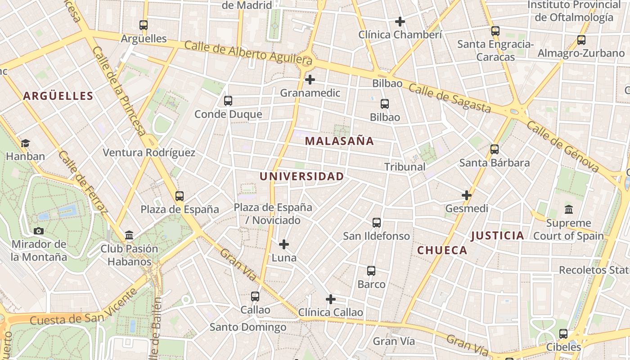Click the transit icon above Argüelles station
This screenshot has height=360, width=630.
click(x=144, y=25)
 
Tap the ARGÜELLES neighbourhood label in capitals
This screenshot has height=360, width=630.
click(x=58, y=96)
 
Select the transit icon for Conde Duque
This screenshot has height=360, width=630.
click(x=228, y=101)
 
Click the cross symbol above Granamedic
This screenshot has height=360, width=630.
click(x=310, y=80)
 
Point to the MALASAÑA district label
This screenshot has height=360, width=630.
click(x=339, y=141)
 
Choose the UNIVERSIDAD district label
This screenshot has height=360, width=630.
click(x=301, y=176)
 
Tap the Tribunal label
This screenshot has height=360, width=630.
click(x=405, y=166)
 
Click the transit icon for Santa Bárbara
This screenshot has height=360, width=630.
click(x=495, y=149)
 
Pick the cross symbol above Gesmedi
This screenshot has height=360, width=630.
click(x=467, y=195)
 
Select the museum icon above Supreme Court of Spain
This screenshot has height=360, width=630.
click(x=568, y=210)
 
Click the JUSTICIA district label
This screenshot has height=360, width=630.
click(x=497, y=235)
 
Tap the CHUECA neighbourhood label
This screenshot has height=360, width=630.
click(x=442, y=251)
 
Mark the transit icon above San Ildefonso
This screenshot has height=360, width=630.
click(x=377, y=222)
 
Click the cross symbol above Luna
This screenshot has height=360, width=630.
click(x=284, y=244)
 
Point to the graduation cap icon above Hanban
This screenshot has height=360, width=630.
click(x=25, y=143)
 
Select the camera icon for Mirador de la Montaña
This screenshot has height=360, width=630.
click(x=39, y=231)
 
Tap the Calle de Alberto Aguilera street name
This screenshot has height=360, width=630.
click(x=248, y=52)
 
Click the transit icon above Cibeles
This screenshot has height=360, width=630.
click(x=563, y=334)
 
